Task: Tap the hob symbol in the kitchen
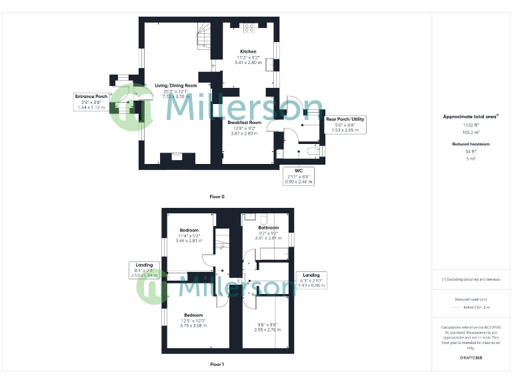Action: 250,28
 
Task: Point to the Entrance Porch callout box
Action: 91,101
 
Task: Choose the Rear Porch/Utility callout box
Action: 345,125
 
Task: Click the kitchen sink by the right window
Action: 271,64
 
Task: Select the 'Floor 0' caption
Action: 217,197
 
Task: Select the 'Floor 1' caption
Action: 217,365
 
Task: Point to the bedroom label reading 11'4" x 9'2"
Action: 189,235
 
